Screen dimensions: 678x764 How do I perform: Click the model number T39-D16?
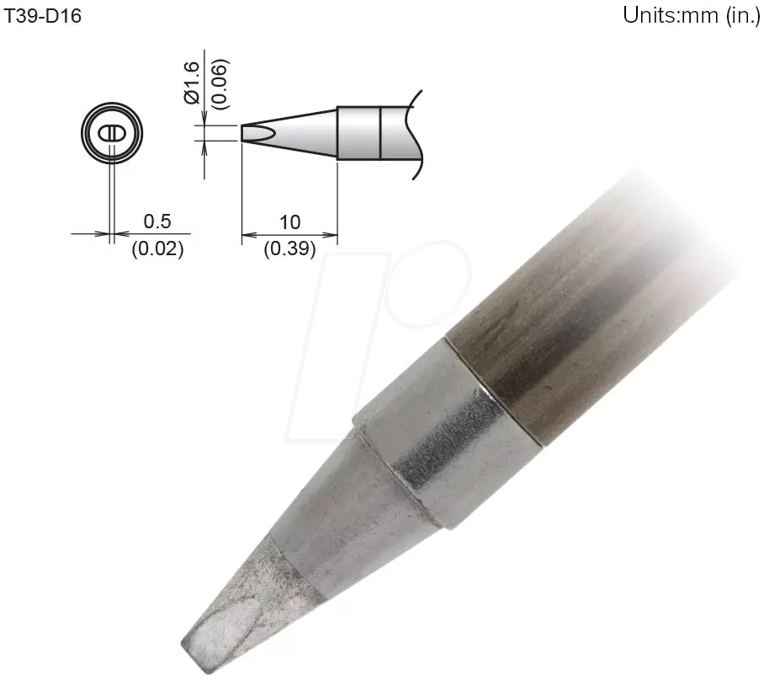click(x=44, y=16)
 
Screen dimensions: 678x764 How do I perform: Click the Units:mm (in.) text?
click(x=691, y=16)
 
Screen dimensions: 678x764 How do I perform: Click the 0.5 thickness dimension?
click(x=157, y=222)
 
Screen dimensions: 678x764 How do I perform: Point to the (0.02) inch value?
click(x=157, y=249)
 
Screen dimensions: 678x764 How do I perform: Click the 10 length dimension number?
click(x=289, y=222)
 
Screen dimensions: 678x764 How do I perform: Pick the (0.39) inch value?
click(x=289, y=249)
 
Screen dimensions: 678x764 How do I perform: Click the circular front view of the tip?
click(x=114, y=133)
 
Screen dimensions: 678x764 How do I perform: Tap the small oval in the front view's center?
click(x=114, y=134)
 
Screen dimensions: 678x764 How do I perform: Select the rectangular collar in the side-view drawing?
click(x=359, y=132)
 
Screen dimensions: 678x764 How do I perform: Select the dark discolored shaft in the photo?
click(x=572, y=337)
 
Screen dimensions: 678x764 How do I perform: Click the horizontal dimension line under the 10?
click(x=289, y=236)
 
